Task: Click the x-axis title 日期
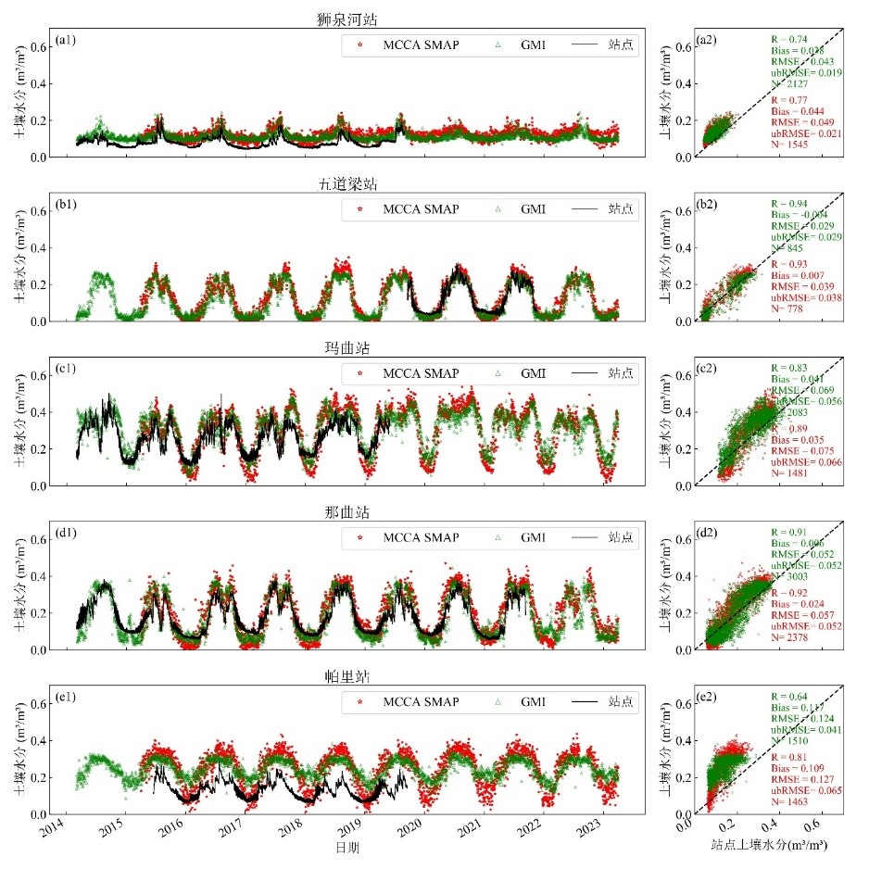pyautogui.click(x=348, y=849)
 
